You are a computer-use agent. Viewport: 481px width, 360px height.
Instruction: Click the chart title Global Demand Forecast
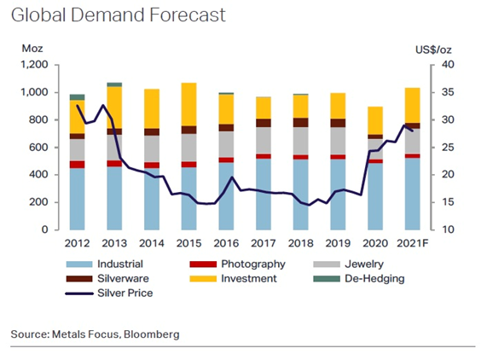tap(118, 15)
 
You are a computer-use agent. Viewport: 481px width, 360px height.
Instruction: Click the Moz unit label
tap(32, 49)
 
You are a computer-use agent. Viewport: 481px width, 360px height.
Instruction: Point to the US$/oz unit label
tap(433, 49)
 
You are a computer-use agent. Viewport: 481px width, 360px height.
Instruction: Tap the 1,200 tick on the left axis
tap(34, 65)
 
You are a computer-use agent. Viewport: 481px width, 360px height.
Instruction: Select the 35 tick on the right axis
tap(448, 92)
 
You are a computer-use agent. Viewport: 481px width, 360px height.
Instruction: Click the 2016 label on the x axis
tap(226, 243)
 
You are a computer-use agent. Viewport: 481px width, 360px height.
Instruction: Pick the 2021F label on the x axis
tap(412, 243)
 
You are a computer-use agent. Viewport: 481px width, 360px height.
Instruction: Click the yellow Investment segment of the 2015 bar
tap(189, 104)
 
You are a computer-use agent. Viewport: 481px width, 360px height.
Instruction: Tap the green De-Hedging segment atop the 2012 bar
tap(78, 97)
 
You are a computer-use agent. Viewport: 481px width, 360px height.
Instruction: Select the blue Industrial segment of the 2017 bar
tap(264, 195)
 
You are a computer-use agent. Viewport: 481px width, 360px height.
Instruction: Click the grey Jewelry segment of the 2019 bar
tap(338, 141)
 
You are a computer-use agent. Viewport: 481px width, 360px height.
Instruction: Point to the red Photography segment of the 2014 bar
tap(152, 165)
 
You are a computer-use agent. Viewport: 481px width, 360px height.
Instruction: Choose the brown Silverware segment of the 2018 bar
tap(300, 123)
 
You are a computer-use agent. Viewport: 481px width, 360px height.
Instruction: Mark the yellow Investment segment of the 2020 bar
tap(375, 120)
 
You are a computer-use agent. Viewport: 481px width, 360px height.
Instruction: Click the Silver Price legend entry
tap(109, 293)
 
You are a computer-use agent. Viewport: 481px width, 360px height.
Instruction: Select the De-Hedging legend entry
tap(359, 279)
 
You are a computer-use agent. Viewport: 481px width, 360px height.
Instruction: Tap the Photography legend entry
tap(237, 264)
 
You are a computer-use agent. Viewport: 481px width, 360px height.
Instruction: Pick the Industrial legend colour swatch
tap(78, 264)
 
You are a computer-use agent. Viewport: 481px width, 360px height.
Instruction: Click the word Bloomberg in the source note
tap(151, 334)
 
